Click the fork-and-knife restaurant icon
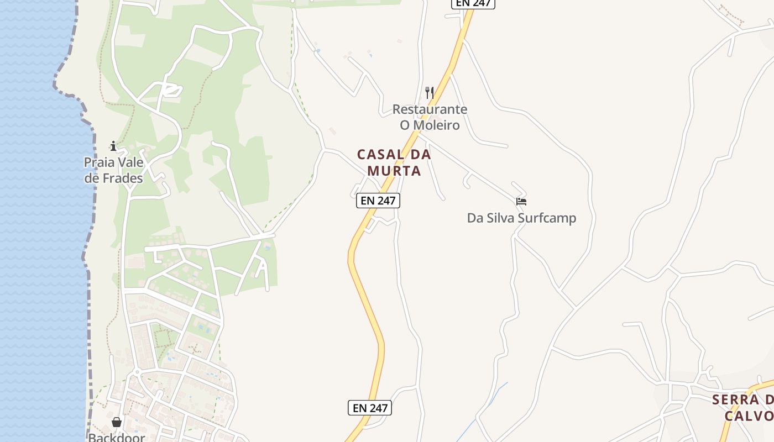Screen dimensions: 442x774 (430, 92)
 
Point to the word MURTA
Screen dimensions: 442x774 (394, 171)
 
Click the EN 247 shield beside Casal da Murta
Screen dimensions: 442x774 (378, 201)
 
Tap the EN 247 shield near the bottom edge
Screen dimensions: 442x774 (370, 408)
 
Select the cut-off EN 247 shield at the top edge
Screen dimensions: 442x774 (473, 3)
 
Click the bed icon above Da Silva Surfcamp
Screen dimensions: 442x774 (521, 202)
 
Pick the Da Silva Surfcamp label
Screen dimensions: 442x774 (521, 218)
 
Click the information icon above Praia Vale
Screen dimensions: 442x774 (113, 146)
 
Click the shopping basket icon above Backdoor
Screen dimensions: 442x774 (117, 422)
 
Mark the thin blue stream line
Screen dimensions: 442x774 (481, 409)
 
